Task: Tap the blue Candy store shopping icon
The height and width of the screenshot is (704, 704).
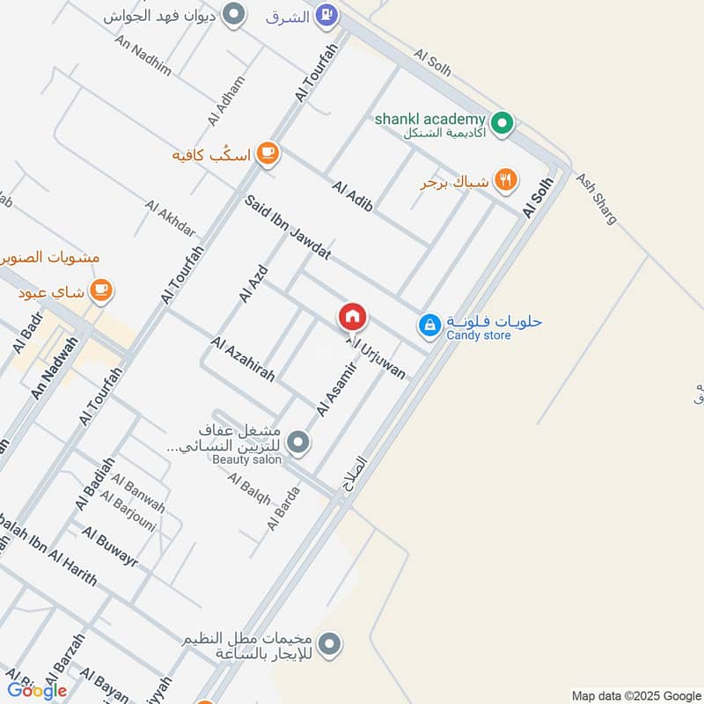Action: click(429, 325)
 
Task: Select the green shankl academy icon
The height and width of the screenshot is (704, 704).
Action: click(502, 124)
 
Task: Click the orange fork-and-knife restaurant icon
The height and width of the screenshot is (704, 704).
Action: click(504, 181)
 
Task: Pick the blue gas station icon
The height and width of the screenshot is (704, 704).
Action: click(326, 14)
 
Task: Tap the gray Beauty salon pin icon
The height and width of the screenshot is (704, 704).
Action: click(299, 442)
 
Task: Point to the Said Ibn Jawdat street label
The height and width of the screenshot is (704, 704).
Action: click(288, 228)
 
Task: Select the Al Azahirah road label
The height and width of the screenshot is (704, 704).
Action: click(243, 359)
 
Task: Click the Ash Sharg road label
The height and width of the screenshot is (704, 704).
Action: click(597, 198)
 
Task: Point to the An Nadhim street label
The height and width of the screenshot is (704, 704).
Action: click(143, 57)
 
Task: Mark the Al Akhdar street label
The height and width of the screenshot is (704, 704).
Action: click(171, 220)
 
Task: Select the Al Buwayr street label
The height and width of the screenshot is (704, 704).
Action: click(110, 546)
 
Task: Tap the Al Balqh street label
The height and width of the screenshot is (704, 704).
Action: click(249, 489)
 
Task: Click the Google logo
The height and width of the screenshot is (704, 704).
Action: click(37, 691)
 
